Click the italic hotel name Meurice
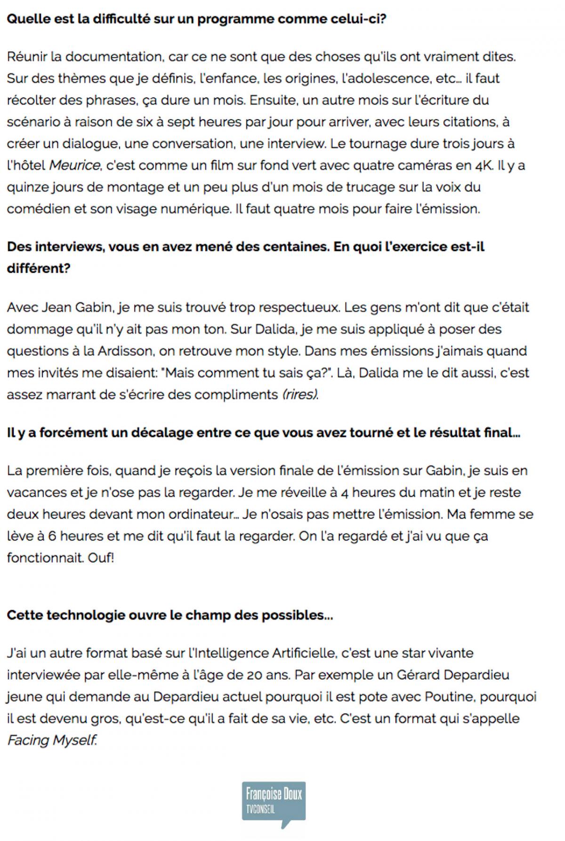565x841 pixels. (x=75, y=165)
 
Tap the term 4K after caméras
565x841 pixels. (x=480, y=165)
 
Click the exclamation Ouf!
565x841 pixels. (x=101, y=558)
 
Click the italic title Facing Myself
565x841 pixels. (x=52, y=740)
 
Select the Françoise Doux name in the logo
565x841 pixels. (x=274, y=794)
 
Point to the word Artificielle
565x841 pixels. (x=304, y=653)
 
